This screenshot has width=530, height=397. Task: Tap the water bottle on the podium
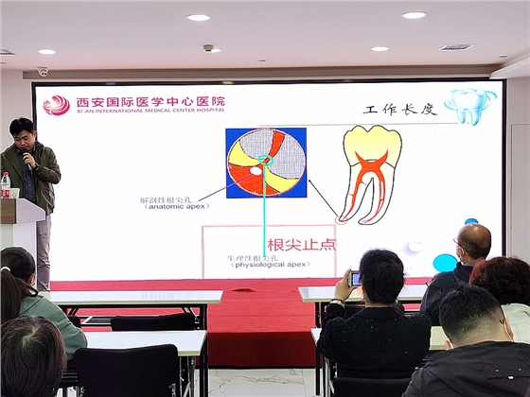[6, 184]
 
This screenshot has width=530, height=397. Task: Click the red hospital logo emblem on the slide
[57, 104]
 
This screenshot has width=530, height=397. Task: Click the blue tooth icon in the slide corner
[469, 105]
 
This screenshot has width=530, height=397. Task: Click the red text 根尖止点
[302, 243]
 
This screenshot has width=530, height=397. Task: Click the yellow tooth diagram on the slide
[370, 172]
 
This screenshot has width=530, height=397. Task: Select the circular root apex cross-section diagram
[266, 162]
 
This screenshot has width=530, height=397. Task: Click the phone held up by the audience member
[355, 278]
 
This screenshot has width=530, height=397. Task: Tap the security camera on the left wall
[43, 72]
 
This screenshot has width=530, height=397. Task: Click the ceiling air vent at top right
[456, 46]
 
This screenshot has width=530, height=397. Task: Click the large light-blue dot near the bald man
[444, 263]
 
